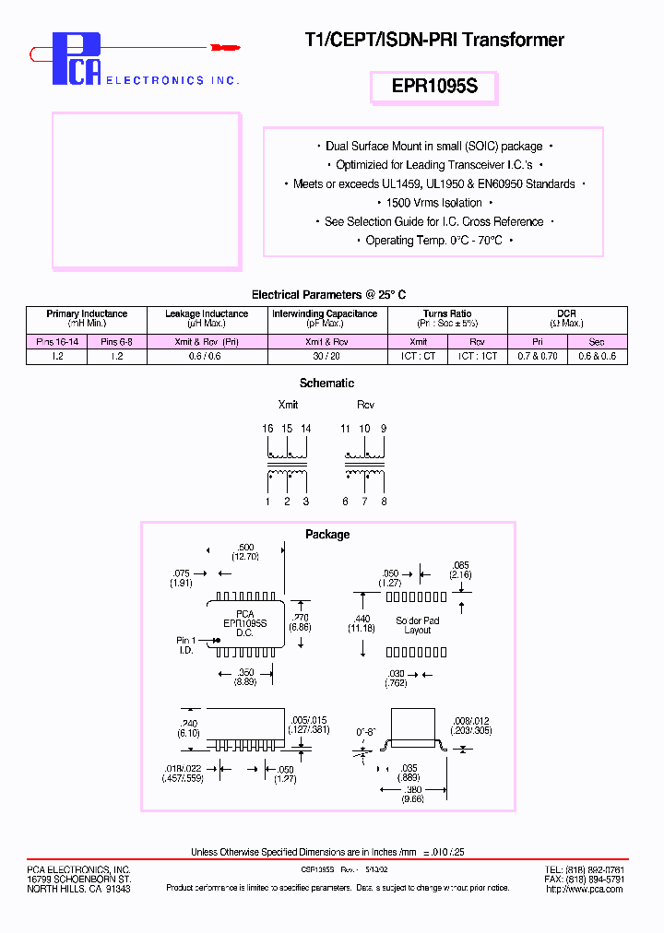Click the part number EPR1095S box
pos(434,88)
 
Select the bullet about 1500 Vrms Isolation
pos(434,203)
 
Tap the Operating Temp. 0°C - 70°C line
pos(434,241)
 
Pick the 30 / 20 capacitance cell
pos(324,356)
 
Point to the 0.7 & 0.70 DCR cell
pos(537,356)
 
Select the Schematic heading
pos(326,384)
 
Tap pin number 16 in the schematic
pos(267,429)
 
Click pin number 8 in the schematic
pos(384,502)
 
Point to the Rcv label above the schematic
pos(365,405)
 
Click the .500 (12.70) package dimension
pos(244,551)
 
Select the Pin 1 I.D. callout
pos(186,644)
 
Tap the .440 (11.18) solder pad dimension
pos(361,622)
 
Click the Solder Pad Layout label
pos(418,625)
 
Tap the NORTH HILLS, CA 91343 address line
pos(78,889)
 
